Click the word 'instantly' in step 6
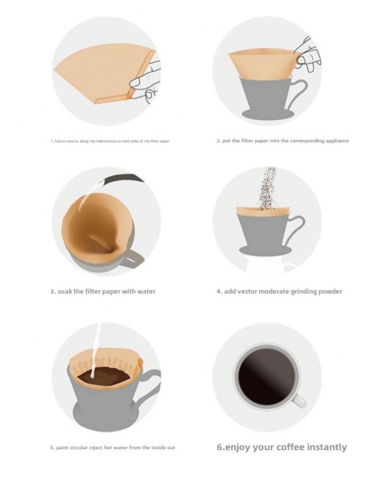coord(327,447)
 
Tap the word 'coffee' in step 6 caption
coord(290,447)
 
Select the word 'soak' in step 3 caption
coord(65,291)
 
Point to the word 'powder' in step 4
coord(330,292)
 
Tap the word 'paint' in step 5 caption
coord(62,448)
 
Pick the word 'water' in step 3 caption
coord(146,291)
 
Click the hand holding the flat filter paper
coord(146,82)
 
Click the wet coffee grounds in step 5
coord(104,375)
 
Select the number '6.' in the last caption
coord(221,447)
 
